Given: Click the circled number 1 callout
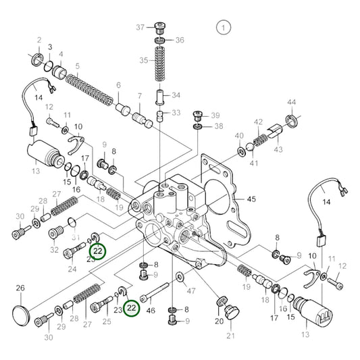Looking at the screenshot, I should pyautogui.click(x=223, y=28).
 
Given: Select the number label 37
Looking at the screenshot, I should pyautogui.click(x=140, y=27).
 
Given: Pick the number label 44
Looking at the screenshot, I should pyautogui.click(x=292, y=102).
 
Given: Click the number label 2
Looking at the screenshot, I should pyautogui.click(x=39, y=40).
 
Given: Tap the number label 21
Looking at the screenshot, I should pyautogui.click(x=230, y=336).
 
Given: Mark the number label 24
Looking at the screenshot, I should pyautogui.click(x=72, y=269).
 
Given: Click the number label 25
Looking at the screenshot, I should pyautogui.click(x=107, y=321).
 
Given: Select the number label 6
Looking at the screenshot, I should pyautogui.click(x=118, y=85).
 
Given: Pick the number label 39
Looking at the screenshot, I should pyautogui.click(x=216, y=115).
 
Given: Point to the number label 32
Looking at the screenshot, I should pyautogui.click(x=53, y=251).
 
